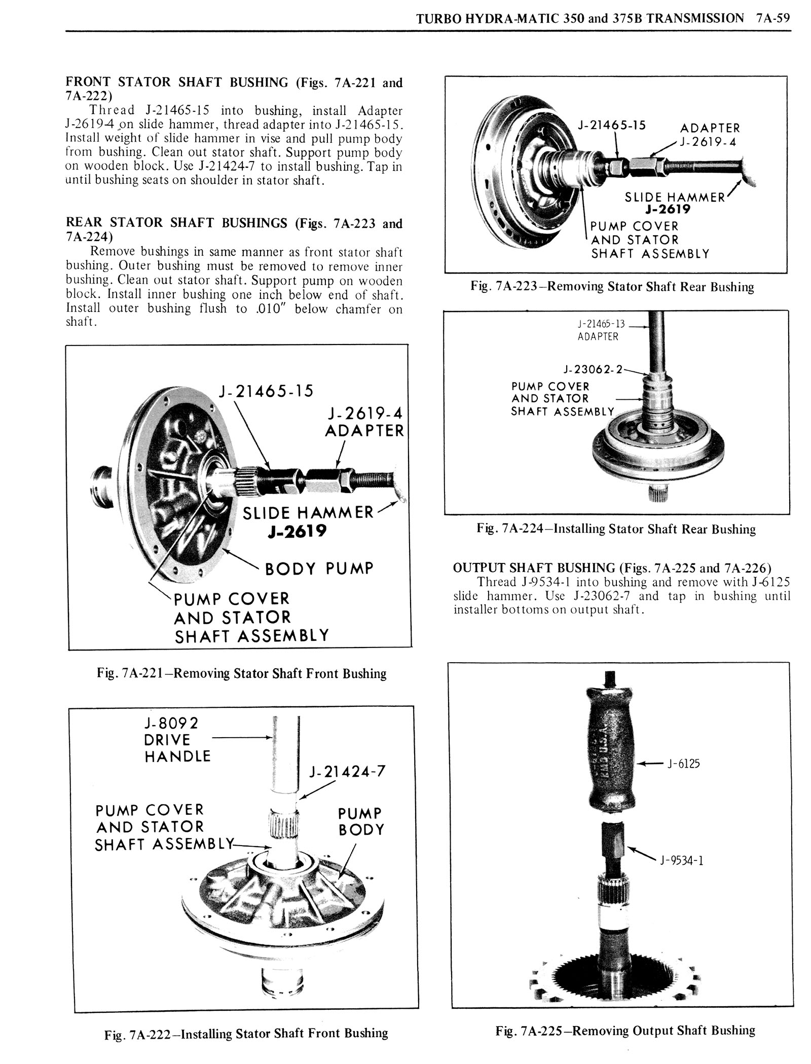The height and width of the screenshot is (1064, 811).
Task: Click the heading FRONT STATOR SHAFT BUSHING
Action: [177, 83]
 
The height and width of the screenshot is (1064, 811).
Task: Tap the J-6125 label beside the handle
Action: [683, 764]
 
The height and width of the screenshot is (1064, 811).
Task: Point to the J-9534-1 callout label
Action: [681, 860]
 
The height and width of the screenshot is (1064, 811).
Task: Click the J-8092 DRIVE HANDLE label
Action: [177, 740]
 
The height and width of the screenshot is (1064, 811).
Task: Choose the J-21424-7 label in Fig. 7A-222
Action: [347, 771]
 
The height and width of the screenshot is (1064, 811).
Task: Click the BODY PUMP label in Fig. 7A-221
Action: [319, 568]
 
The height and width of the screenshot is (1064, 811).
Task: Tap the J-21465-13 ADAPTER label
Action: [601, 330]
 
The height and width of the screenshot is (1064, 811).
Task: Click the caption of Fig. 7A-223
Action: [612, 287]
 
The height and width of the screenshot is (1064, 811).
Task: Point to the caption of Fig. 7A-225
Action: [625, 1031]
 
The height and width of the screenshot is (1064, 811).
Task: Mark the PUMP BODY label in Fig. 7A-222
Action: [361, 821]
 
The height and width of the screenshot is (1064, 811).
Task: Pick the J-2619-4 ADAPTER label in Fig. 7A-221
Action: [364, 422]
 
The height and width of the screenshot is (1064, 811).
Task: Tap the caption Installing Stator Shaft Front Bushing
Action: [246, 1034]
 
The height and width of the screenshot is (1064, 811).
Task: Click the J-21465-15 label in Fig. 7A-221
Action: [266, 391]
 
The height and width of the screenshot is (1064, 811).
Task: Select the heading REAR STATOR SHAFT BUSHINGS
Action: [177, 223]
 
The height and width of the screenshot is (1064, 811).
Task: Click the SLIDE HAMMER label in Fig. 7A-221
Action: [308, 513]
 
